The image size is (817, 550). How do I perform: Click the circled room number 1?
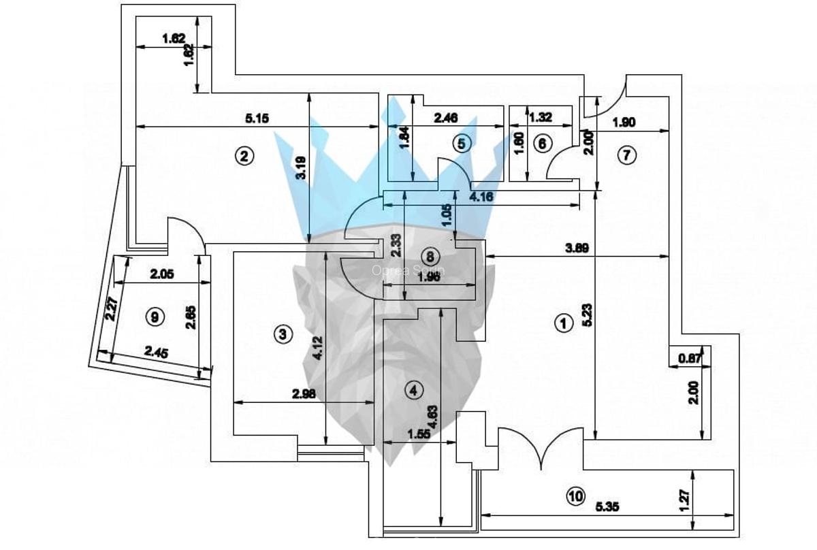(562, 323)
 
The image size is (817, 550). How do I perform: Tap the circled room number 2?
(244, 156)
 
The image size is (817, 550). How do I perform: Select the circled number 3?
(283, 334)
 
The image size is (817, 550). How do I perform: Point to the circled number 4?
(413, 390)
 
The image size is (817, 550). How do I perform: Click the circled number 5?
(462, 143)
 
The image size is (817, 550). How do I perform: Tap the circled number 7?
(626, 155)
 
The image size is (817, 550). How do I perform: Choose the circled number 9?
(156, 317)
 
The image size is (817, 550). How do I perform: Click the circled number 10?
(576, 497)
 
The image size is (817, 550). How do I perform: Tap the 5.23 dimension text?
(587, 317)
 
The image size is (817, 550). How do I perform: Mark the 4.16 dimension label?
(482, 197)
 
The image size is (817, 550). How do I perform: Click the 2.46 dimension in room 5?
(445, 118)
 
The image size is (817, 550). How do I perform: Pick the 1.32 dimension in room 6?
(541, 117)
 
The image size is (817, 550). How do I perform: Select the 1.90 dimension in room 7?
(624, 123)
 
